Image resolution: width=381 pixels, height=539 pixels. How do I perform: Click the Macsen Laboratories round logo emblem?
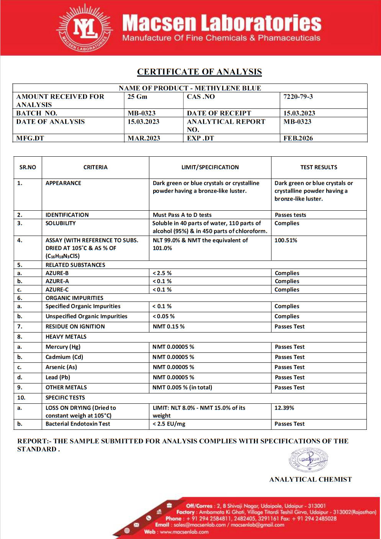click(85, 28)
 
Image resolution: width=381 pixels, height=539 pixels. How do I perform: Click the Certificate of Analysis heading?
click(199, 72)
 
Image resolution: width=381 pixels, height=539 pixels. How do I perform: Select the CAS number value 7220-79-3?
click(298, 97)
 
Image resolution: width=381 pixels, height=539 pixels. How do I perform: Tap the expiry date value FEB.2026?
click(298, 138)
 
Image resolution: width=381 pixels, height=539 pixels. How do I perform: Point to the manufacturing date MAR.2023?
click(144, 138)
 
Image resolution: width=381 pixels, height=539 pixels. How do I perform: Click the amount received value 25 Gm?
click(137, 97)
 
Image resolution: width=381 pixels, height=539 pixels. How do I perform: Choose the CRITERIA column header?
click(95, 167)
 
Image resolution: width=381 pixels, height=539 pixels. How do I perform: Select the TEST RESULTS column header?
click(319, 167)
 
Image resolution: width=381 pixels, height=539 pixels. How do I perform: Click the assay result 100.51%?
click(286, 240)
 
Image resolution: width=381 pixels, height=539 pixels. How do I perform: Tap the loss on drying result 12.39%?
click(284, 408)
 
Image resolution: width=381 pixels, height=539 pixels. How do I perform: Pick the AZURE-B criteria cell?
click(57, 273)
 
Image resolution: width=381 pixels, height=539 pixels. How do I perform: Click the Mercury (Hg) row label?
click(63, 347)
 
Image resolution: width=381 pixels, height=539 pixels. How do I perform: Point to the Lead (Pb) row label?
click(58, 377)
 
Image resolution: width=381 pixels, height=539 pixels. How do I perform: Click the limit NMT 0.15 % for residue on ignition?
click(168, 326)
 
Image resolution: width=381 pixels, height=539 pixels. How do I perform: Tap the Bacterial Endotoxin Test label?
click(78, 424)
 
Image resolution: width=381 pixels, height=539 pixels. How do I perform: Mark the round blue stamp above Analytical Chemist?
click(309, 459)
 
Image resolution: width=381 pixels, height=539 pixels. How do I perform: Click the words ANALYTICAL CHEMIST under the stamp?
click(311, 479)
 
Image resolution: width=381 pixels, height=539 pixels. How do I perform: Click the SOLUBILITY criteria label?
click(61, 223)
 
